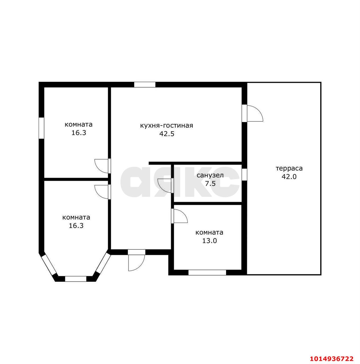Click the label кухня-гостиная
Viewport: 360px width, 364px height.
tap(166, 126)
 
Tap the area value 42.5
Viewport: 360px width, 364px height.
tap(166, 134)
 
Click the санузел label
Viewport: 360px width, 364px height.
tap(210, 175)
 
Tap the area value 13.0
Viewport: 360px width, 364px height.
tap(209, 241)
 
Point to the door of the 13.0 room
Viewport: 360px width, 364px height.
tap(179, 216)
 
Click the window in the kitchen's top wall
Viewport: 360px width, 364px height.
tap(144, 84)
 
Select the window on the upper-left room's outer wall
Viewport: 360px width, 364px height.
tap(41, 128)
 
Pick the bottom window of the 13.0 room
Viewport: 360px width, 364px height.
tap(207, 272)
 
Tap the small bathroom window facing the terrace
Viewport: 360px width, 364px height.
tap(244, 174)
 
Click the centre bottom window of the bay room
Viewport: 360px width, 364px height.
tap(75, 279)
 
